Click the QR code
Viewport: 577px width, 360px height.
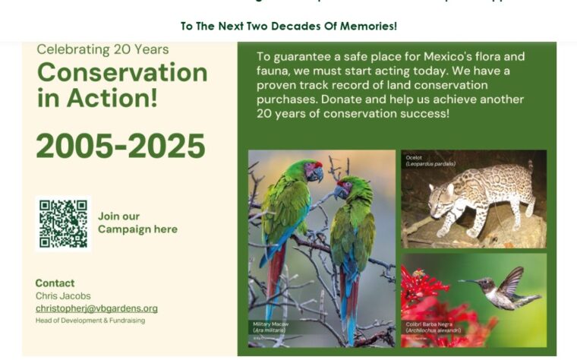(x=63, y=223)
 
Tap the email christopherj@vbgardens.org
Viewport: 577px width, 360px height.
(x=96, y=308)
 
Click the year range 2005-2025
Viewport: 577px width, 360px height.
(x=121, y=147)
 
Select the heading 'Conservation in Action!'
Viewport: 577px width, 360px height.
(x=121, y=84)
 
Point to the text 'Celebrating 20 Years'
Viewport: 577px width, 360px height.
(x=102, y=49)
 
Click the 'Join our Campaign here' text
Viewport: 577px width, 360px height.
(x=137, y=223)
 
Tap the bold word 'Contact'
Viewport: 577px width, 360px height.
(x=55, y=283)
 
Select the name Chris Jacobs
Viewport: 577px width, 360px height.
(x=63, y=295)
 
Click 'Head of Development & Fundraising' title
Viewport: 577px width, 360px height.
(x=90, y=321)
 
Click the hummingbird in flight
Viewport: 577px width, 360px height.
(x=507, y=289)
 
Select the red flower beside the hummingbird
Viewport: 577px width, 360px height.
(x=422, y=292)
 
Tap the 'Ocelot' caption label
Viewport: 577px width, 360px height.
(x=415, y=157)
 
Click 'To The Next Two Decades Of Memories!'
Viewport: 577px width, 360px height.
(x=288, y=26)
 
